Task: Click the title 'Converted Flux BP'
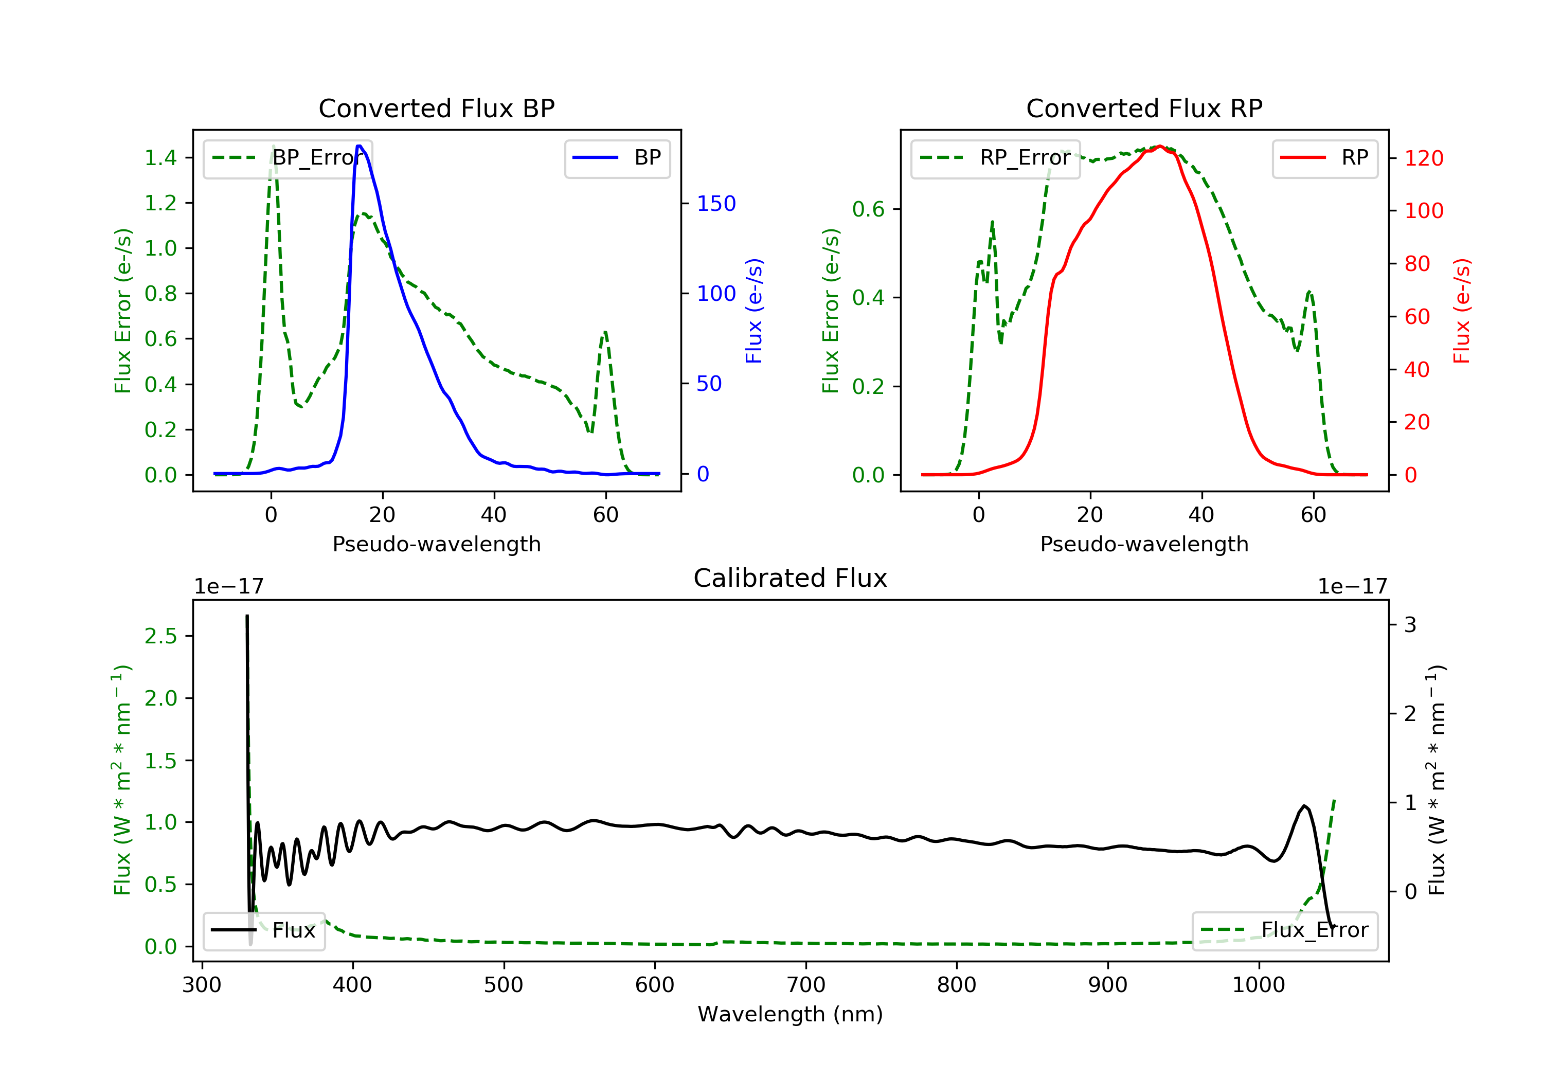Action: click(x=436, y=108)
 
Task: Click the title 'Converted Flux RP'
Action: click(x=1144, y=108)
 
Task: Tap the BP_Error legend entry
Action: click(x=288, y=158)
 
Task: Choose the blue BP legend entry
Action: click(x=617, y=158)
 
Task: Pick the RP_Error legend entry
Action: click(x=995, y=158)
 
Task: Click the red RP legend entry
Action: click(x=1324, y=158)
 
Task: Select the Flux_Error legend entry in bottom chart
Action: click(x=1284, y=930)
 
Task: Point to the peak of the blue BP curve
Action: click(x=360, y=146)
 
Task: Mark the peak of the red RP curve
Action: click(x=1160, y=146)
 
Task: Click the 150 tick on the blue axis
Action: click(x=716, y=204)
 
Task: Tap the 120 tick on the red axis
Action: click(x=1423, y=158)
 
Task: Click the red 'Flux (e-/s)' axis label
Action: click(x=1461, y=311)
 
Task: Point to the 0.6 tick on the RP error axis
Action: click(x=868, y=209)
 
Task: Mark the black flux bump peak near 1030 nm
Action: click(x=1304, y=806)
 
